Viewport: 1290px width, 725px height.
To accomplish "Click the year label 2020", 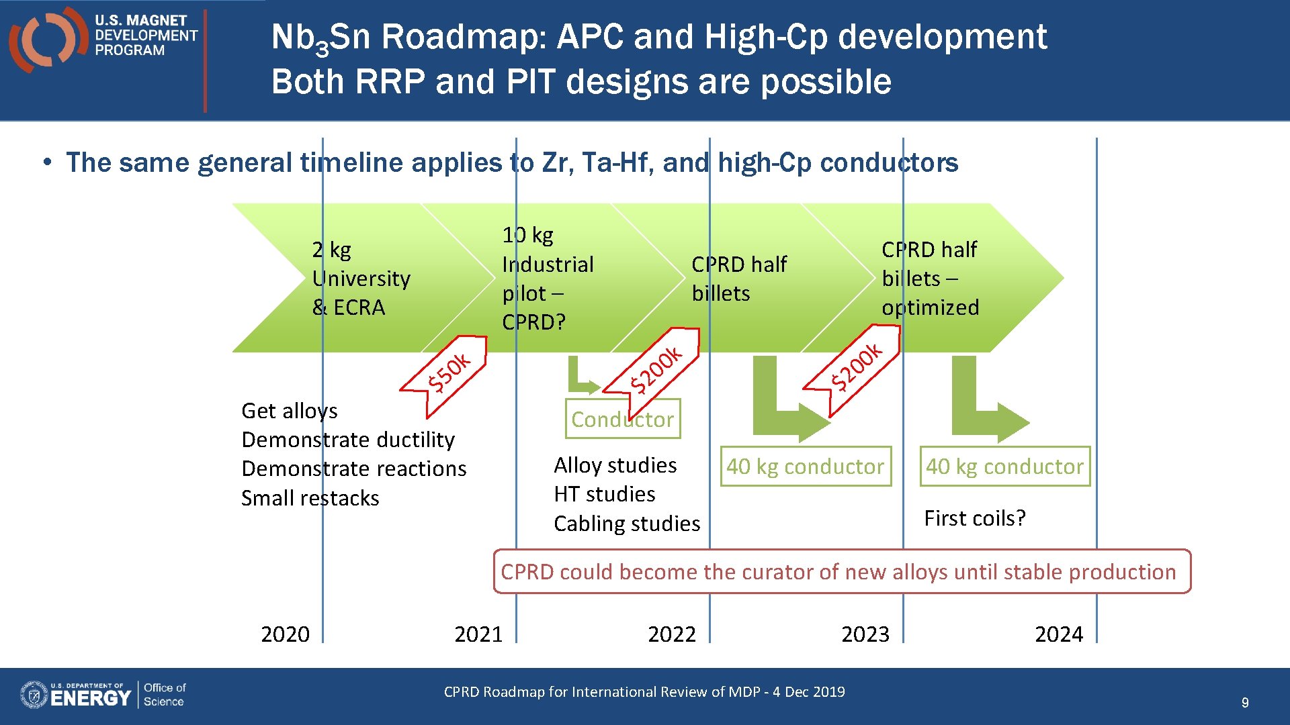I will point(285,634).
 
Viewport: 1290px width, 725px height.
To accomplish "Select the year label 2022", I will point(672,634).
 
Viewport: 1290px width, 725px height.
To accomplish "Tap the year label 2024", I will point(1059,634).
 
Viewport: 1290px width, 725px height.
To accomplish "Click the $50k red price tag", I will point(449,371).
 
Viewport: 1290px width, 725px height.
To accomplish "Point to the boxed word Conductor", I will point(622,420).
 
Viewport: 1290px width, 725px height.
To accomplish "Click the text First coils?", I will point(974,518).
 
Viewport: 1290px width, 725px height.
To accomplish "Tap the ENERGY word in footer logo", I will point(91,698).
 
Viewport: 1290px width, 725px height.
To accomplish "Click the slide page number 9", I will point(1244,702).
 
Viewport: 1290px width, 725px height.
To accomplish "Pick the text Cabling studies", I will point(626,523).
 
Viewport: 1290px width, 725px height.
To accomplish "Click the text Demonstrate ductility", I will point(348,440).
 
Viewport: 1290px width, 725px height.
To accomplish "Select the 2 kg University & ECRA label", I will point(361,279).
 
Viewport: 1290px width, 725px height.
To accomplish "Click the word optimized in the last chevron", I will point(930,307).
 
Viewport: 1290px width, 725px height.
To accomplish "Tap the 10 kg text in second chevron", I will point(527,235).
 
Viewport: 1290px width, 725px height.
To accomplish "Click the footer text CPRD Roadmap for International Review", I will point(644,691).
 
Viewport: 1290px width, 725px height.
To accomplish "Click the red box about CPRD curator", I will point(842,571).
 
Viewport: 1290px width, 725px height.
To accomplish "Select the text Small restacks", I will point(310,498).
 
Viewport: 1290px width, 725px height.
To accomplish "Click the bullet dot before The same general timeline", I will point(47,162).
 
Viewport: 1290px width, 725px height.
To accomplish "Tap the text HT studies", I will point(604,494).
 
